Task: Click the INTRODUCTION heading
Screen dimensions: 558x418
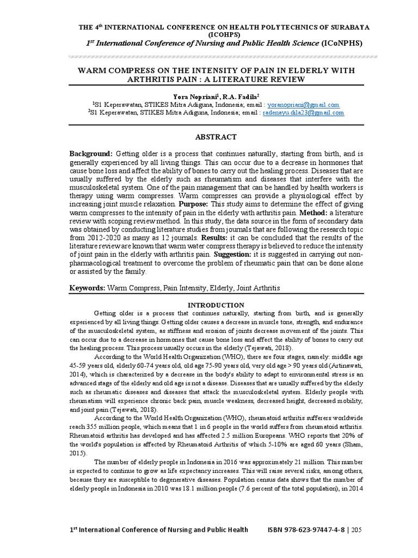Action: pyautogui.click(x=216, y=305)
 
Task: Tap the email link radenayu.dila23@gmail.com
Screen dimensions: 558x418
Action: pyautogui.click(x=303, y=113)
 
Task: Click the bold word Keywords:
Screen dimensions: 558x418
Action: pyautogui.click(x=87, y=287)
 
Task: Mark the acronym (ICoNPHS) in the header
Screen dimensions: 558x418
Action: pyautogui.click(x=342, y=43)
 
